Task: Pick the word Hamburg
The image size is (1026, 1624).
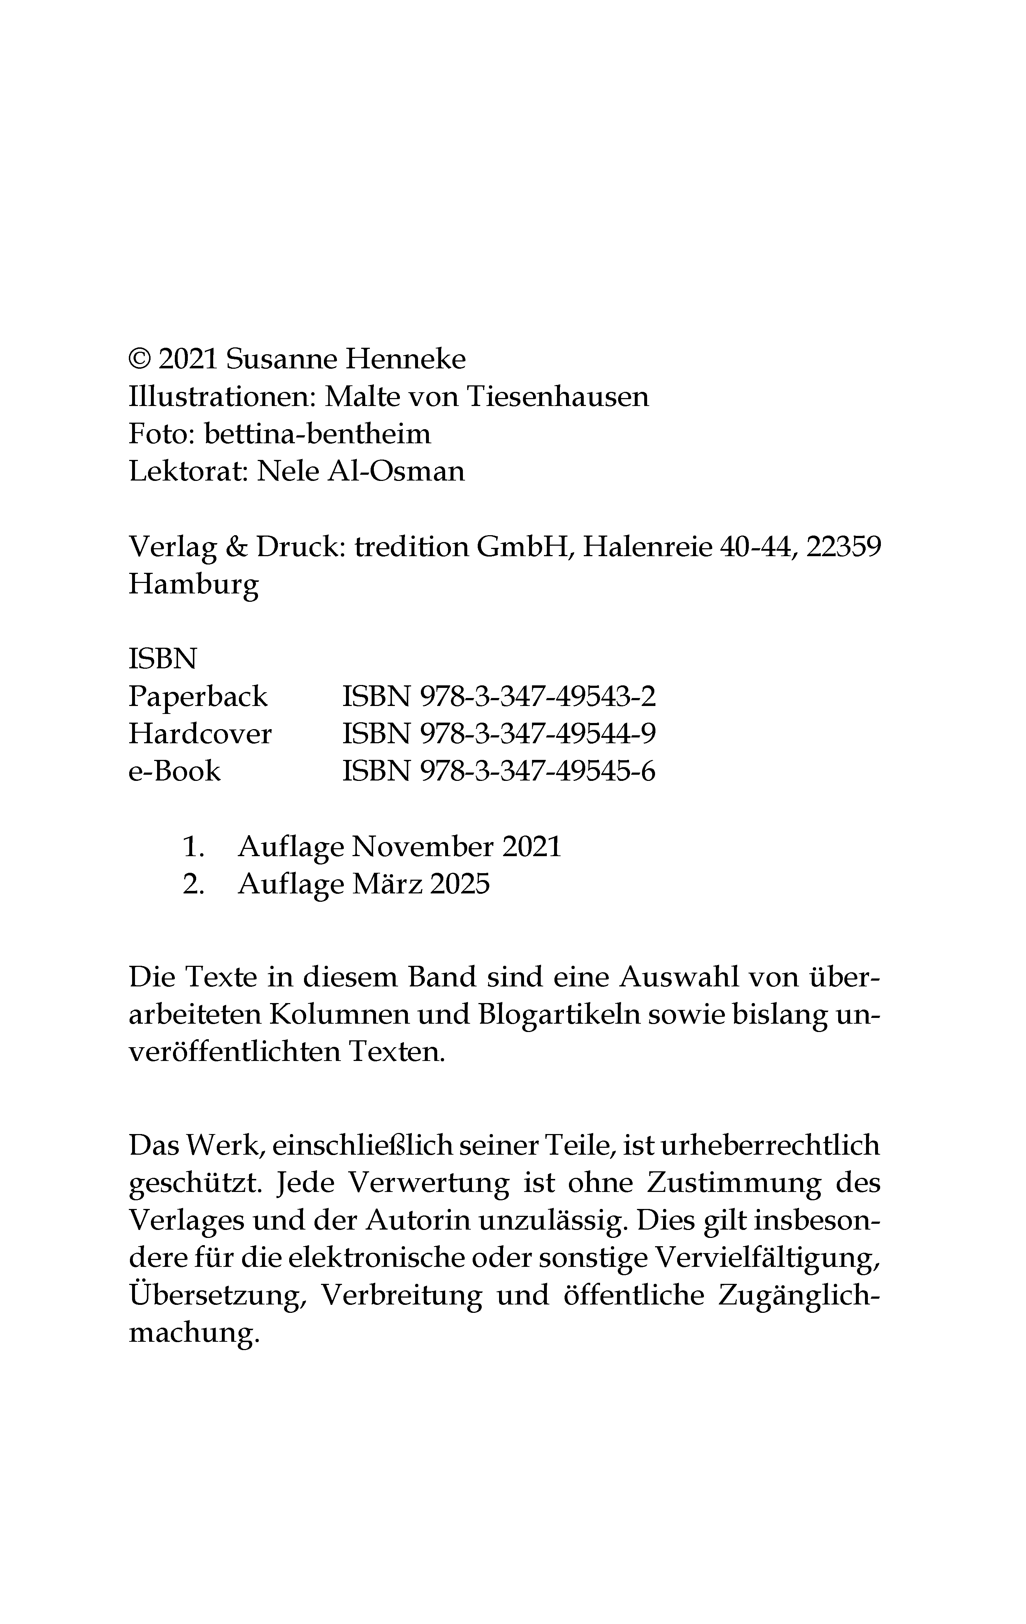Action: click(x=194, y=584)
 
